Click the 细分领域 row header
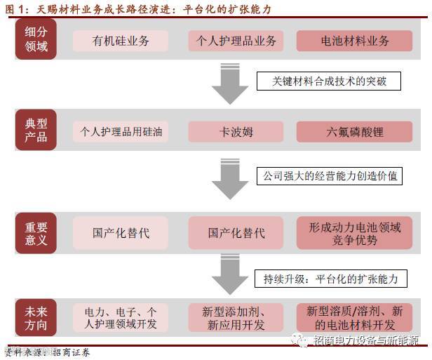coord(36,41)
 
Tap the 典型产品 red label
coord(36,131)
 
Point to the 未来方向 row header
coord(36,317)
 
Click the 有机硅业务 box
coord(121,41)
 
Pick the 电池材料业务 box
coord(355,41)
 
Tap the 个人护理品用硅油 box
coord(121,131)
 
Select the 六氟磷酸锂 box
coord(355,131)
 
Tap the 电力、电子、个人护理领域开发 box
coord(121,317)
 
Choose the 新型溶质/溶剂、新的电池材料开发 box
coord(355,317)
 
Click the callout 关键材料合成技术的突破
coord(329,81)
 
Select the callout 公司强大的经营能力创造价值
coord(329,175)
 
